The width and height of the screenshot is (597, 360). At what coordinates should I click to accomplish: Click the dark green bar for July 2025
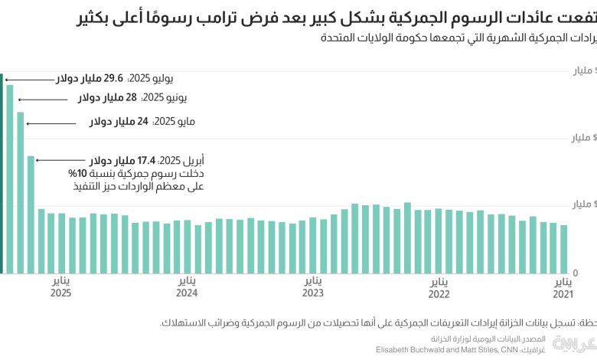[x=2, y=173]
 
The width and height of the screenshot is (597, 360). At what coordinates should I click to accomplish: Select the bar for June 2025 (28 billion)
[x=10, y=178]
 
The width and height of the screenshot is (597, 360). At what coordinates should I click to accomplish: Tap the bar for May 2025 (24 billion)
[x=21, y=192]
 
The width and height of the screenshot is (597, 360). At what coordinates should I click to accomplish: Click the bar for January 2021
[x=564, y=249]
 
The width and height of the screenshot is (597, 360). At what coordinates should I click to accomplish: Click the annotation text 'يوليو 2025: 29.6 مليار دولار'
[x=114, y=78]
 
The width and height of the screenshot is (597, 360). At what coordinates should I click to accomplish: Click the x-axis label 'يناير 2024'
[x=187, y=287]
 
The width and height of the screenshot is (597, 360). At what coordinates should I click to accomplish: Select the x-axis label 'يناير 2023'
[x=312, y=287]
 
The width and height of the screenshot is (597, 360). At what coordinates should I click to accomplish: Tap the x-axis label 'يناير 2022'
[x=438, y=287]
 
